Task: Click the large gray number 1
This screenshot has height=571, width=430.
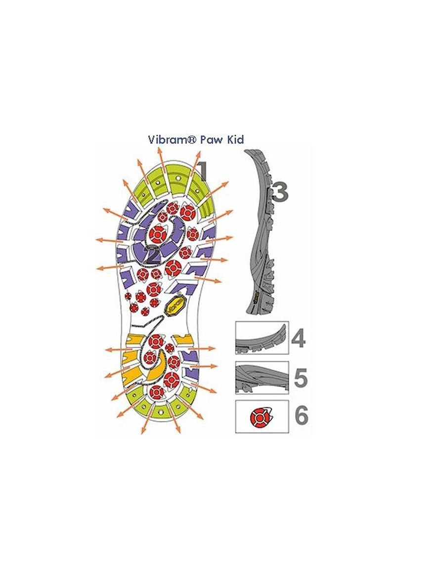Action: [x=202, y=171]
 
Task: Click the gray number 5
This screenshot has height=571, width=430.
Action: [x=301, y=378]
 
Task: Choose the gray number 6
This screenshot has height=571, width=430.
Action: [x=301, y=415]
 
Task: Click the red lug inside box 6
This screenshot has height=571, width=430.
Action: [x=259, y=416]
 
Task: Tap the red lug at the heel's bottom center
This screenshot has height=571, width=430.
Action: [x=157, y=393]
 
